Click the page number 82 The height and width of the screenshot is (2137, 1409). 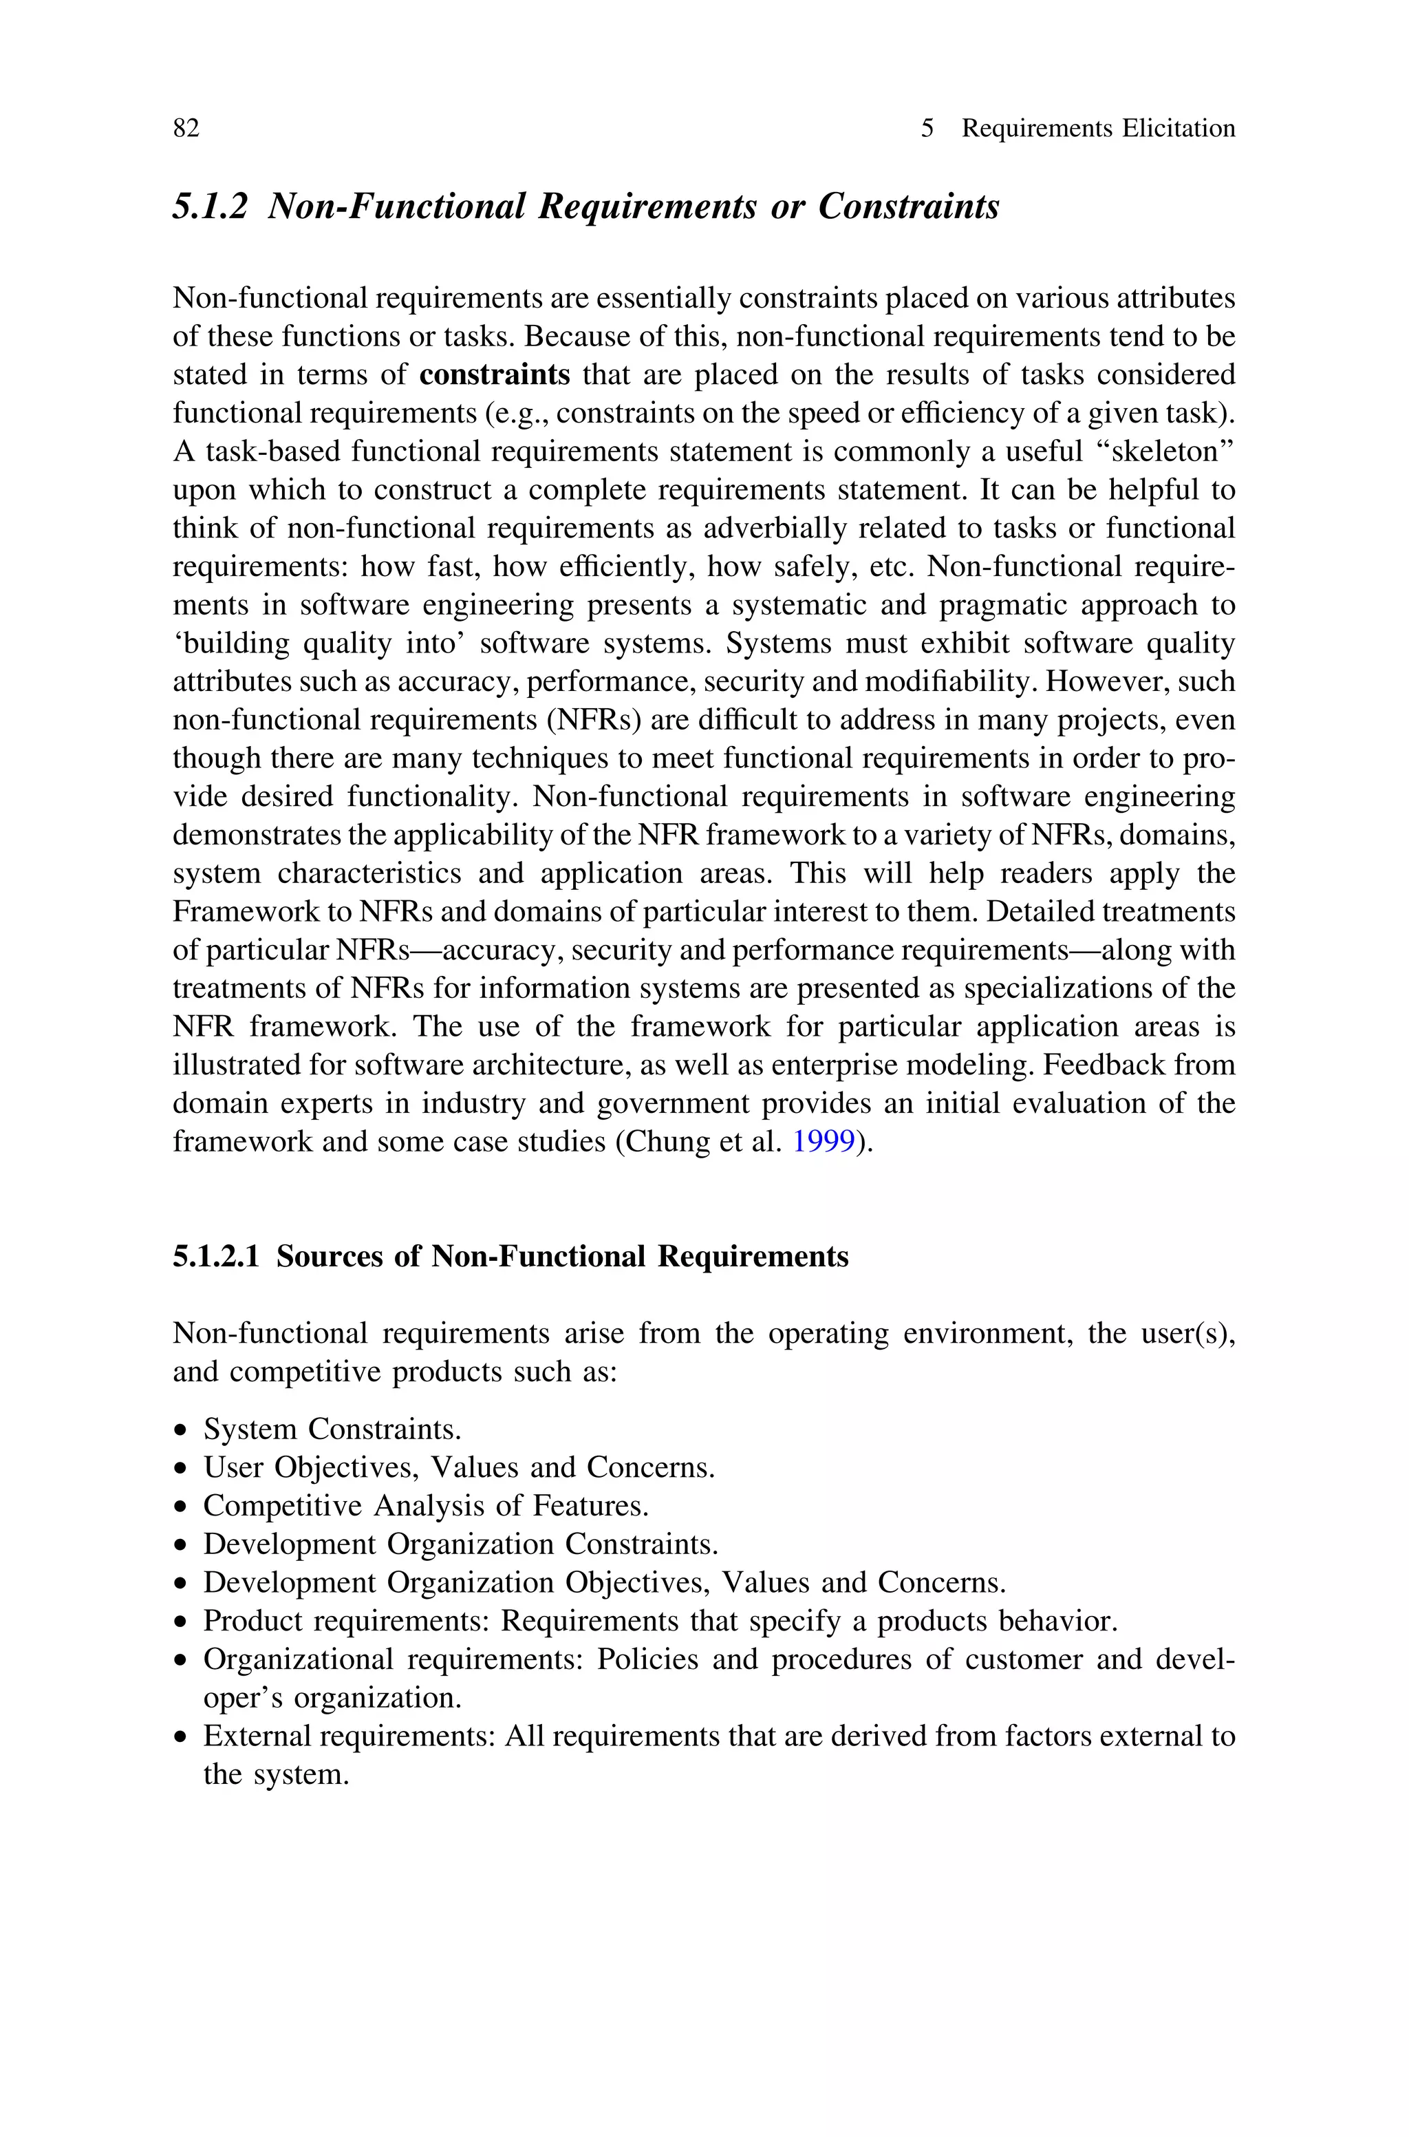[186, 129]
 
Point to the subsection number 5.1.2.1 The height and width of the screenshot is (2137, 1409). [215, 1256]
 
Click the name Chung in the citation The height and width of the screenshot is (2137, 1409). [663, 1142]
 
